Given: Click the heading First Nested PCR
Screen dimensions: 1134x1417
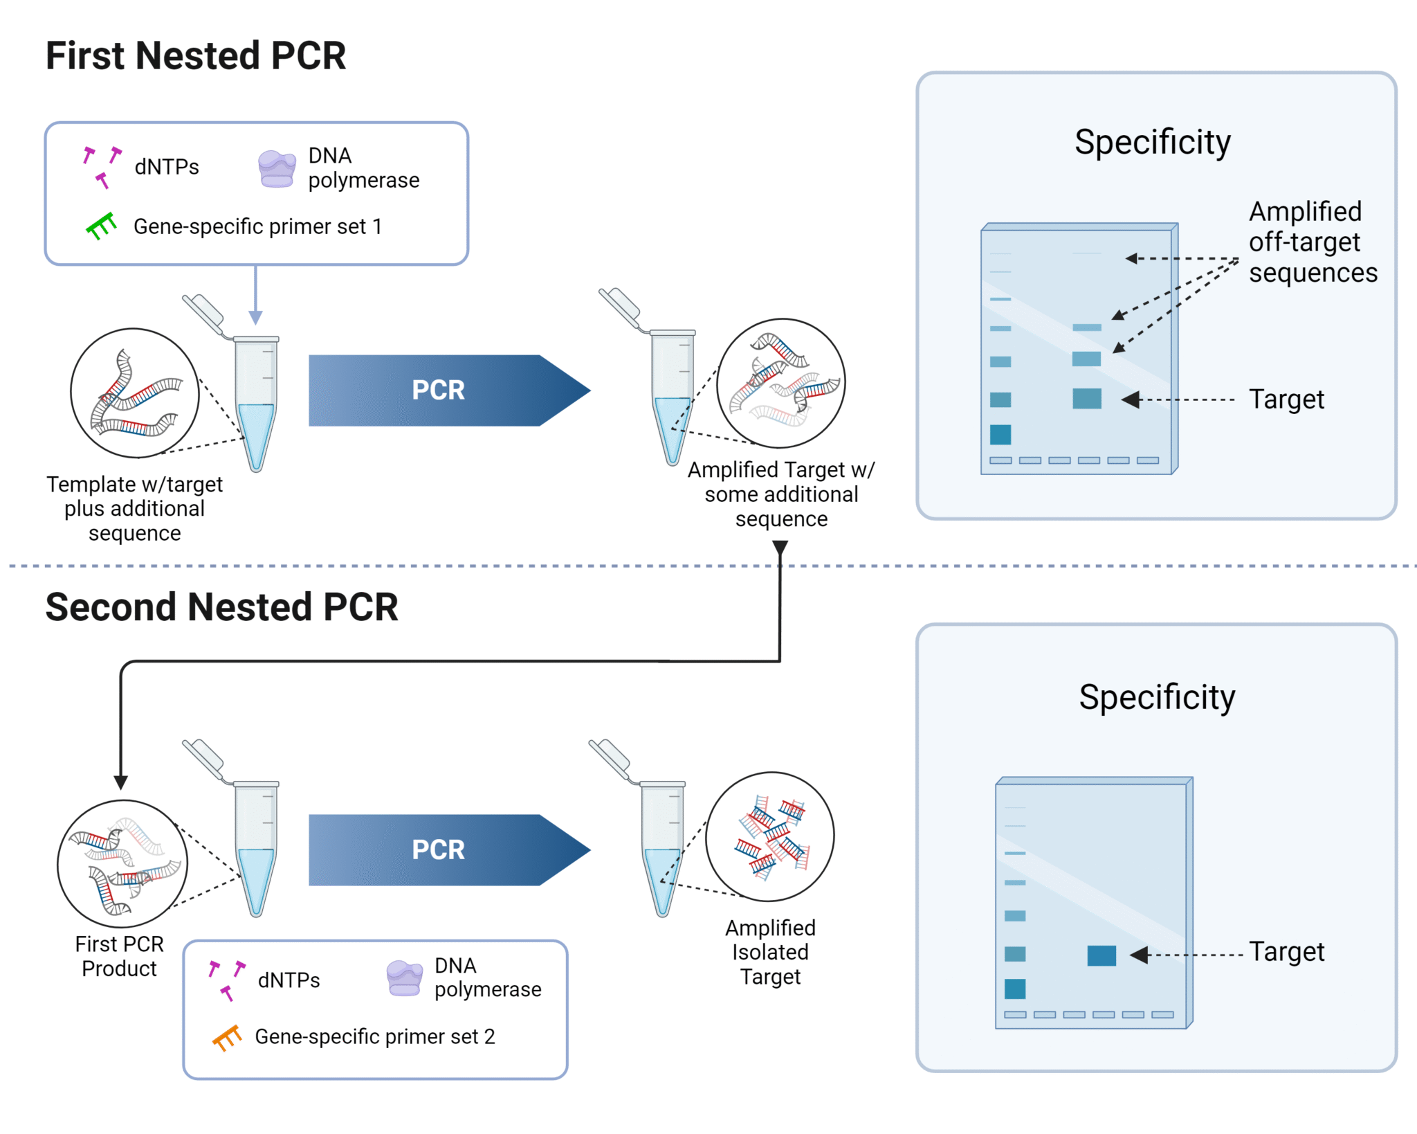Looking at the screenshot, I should (x=196, y=56).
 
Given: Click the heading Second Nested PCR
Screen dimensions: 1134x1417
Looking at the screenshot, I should (x=221, y=607).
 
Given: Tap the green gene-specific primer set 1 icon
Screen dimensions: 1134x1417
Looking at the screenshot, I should (x=102, y=226).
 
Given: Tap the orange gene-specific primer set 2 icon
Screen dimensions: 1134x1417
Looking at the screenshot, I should (x=227, y=1037).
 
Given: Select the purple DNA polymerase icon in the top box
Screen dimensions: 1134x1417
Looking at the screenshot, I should (x=277, y=169).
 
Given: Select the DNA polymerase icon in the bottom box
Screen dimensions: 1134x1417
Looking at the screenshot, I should (x=405, y=978).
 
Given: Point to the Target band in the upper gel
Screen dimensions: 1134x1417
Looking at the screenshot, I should (x=1087, y=399).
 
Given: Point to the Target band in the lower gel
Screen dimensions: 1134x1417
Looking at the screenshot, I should (x=1101, y=955).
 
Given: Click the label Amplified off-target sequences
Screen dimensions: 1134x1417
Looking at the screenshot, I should (x=1312, y=242).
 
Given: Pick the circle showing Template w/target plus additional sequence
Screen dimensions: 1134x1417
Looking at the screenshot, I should (x=135, y=393).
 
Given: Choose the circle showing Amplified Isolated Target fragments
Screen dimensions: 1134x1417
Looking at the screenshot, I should (x=770, y=836).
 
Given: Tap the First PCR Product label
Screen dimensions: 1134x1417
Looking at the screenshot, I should (x=119, y=956).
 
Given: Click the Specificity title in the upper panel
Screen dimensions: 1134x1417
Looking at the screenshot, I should (x=1153, y=142).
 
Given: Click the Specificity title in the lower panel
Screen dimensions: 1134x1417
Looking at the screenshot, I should (x=1157, y=697).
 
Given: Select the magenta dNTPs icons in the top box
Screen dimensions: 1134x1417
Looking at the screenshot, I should (x=102, y=166).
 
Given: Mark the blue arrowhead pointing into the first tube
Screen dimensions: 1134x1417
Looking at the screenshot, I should (x=255, y=318).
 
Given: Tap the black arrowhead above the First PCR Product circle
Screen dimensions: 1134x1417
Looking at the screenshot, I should (x=120, y=782).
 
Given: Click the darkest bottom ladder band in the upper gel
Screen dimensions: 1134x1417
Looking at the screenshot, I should (x=1000, y=435).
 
